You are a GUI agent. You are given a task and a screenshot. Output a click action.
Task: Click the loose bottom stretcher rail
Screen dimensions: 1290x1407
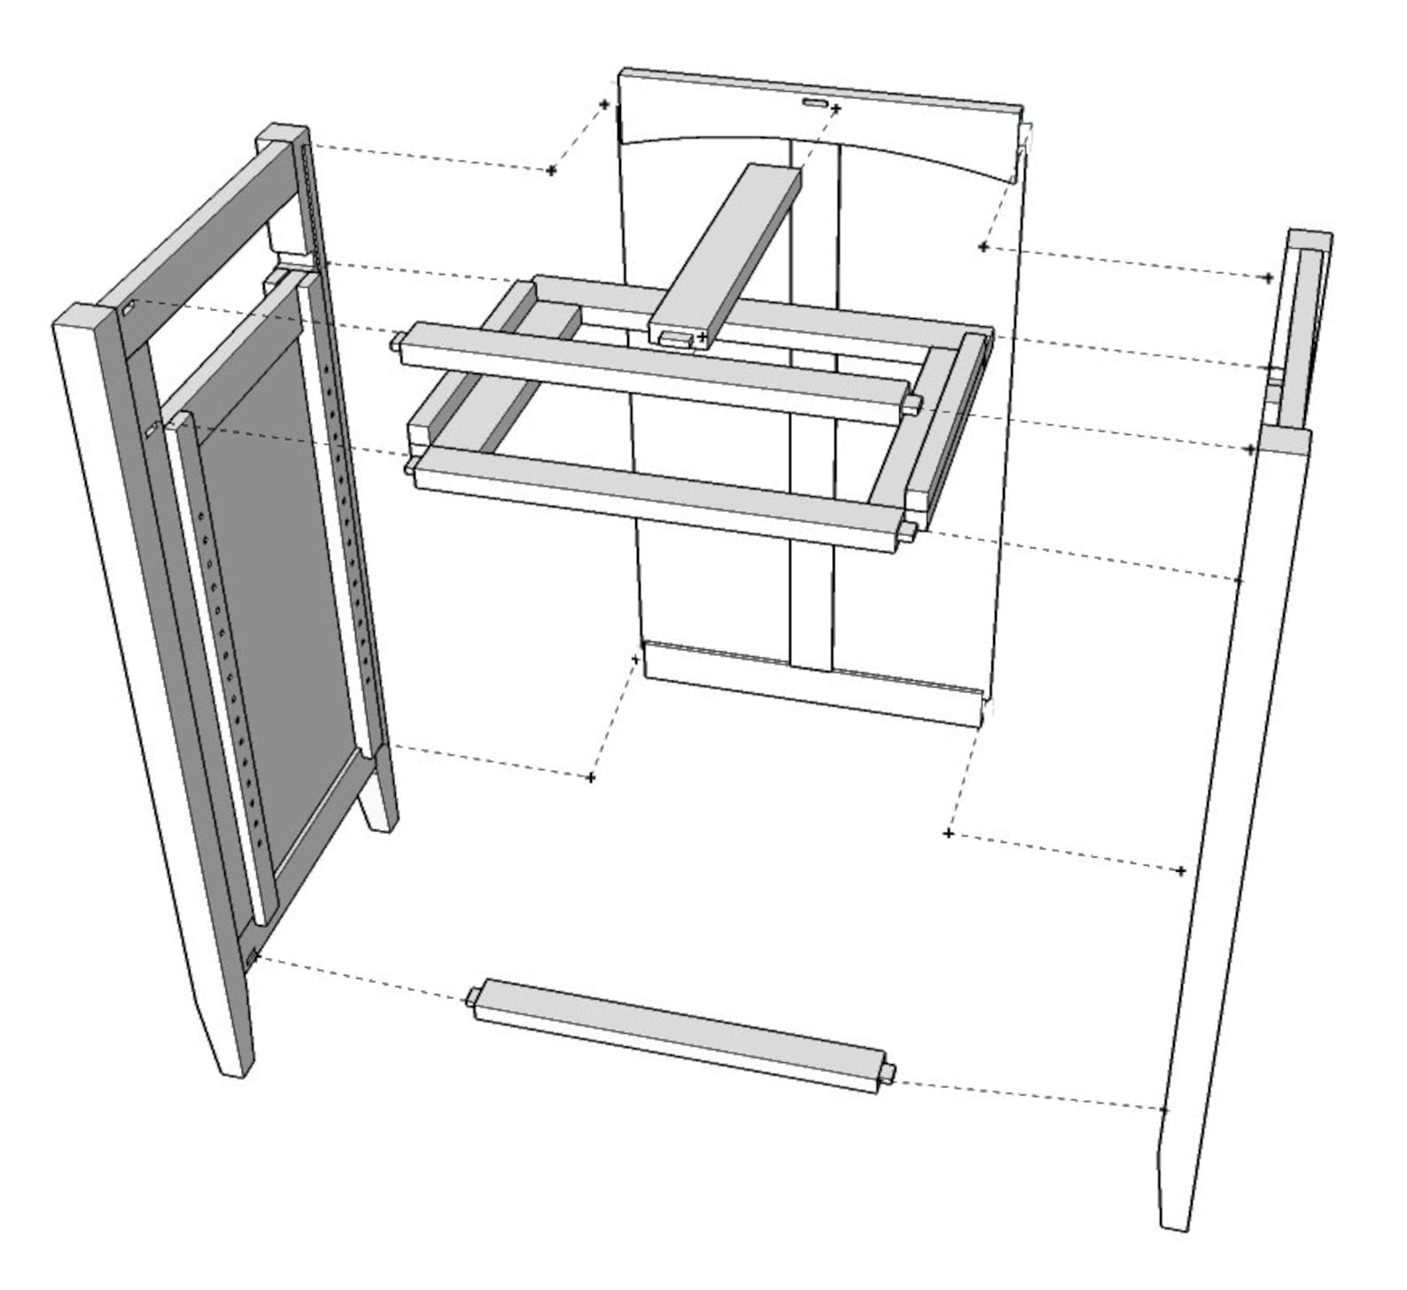coord(678,1034)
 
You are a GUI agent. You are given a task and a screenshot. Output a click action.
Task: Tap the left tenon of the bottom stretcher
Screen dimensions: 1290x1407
coord(471,999)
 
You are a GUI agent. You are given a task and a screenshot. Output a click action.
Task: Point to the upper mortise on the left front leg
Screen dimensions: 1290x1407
coord(128,309)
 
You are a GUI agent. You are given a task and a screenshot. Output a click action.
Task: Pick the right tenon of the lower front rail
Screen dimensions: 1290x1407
coord(908,531)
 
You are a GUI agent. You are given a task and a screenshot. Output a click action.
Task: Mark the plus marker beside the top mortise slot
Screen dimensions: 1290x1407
coord(836,108)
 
